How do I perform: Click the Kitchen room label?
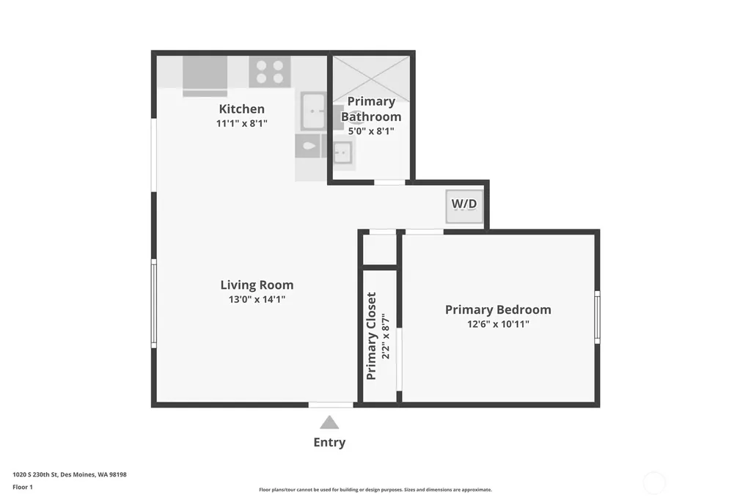241,109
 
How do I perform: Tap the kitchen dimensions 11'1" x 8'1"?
241,123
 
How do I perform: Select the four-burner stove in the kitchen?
270,71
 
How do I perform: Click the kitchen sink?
314,111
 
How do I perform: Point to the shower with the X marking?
371,79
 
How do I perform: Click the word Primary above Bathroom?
371,101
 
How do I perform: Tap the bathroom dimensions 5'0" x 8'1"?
371,130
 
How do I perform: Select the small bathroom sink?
343,153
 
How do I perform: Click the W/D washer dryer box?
464,207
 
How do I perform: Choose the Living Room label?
257,285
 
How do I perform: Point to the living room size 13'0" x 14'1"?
257,299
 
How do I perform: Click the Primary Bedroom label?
498,310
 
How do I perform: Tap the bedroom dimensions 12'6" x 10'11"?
498,324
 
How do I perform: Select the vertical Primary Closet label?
371,337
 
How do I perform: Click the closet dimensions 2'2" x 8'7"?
386,337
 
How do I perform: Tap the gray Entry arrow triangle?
329,423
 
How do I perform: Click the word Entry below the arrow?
329,442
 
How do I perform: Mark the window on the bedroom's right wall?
597,317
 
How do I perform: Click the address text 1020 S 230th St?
35,474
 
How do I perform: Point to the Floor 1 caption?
23,487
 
